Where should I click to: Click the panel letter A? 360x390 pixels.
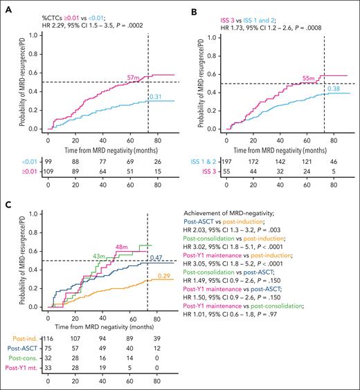(6, 6)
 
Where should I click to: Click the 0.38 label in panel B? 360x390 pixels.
(333, 89)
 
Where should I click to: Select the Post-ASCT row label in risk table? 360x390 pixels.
(16, 352)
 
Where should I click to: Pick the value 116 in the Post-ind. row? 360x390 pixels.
(48, 342)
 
